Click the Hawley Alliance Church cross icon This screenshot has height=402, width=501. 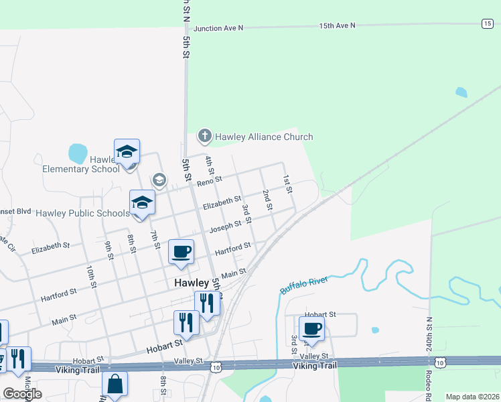[x=205, y=137]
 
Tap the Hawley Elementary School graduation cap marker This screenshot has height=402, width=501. [x=127, y=151]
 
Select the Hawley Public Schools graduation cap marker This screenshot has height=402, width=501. [x=142, y=203]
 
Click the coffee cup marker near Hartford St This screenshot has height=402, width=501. [x=181, y=252]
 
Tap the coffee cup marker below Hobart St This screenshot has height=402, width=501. [x=311, y=329]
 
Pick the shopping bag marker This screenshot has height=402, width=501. [x=115, y=384]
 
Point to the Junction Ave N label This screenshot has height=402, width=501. [x=218, y=29]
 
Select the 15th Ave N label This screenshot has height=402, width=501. [x=337, y=25]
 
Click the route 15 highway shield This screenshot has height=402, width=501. [x=487, y=23]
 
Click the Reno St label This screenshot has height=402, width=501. [x=209, y=180]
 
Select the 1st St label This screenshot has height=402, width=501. [x=287, y=184]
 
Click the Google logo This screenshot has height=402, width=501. [x=22, y=394]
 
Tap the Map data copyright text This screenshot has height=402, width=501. [x=472, y=397]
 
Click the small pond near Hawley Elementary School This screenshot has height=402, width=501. [x=78, y=153]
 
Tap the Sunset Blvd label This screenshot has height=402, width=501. [x=15, y=210]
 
